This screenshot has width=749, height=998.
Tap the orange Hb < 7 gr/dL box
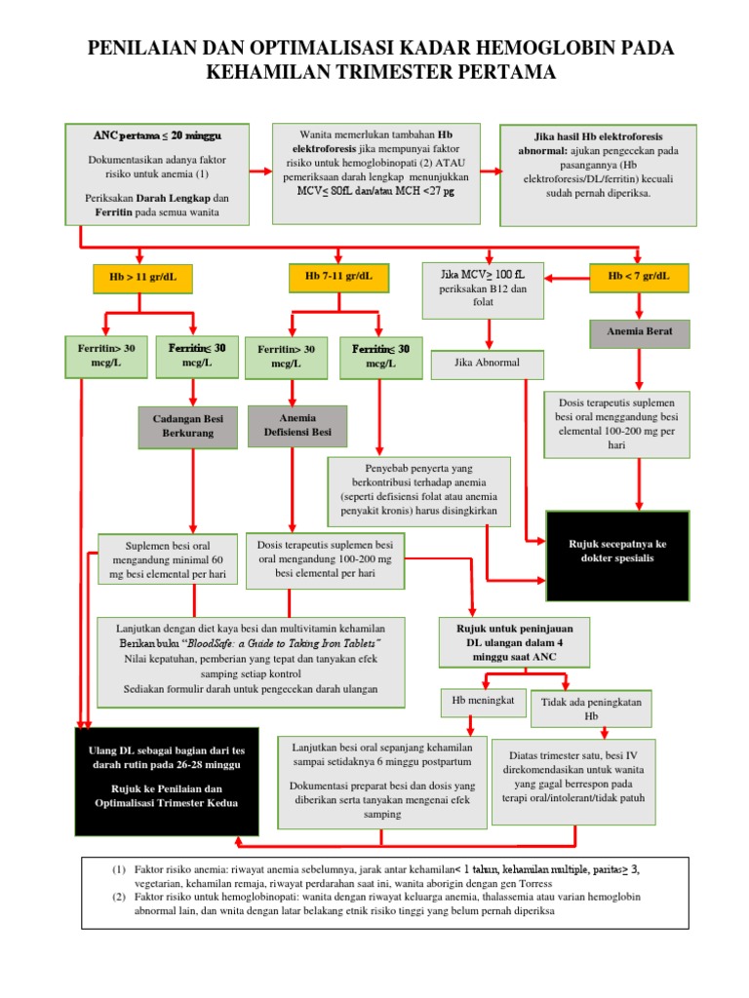(639, 278)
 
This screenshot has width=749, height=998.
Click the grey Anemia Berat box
(638, 332)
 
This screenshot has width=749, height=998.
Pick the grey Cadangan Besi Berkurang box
(188, 426)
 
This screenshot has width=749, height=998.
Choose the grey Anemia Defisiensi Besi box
(296, 426)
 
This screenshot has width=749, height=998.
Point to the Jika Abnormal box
(488, 364)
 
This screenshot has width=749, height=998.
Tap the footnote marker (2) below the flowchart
(118, 895)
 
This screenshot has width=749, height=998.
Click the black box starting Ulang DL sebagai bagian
(167, 780)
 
